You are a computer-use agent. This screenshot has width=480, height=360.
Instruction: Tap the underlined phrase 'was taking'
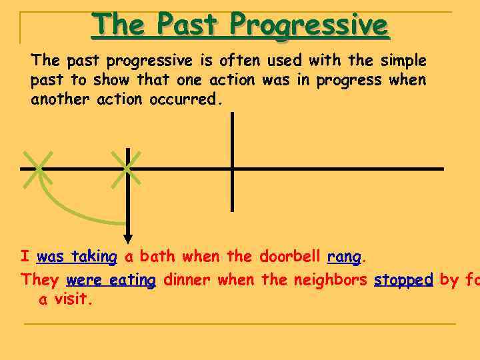(x=77, y=257)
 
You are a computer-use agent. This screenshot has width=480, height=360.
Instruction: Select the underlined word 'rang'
(x=344, y=257)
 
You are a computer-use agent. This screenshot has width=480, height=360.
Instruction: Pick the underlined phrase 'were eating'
(x=111, y=281)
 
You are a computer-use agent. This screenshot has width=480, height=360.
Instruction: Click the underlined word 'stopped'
(x=403, y=280)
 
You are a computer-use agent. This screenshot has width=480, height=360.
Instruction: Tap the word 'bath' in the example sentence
(x=157, y=257)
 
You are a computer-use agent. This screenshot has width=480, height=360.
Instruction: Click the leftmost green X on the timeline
(x=38, y=168)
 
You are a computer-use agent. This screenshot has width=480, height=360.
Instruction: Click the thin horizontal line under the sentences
(x=240, y=324)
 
